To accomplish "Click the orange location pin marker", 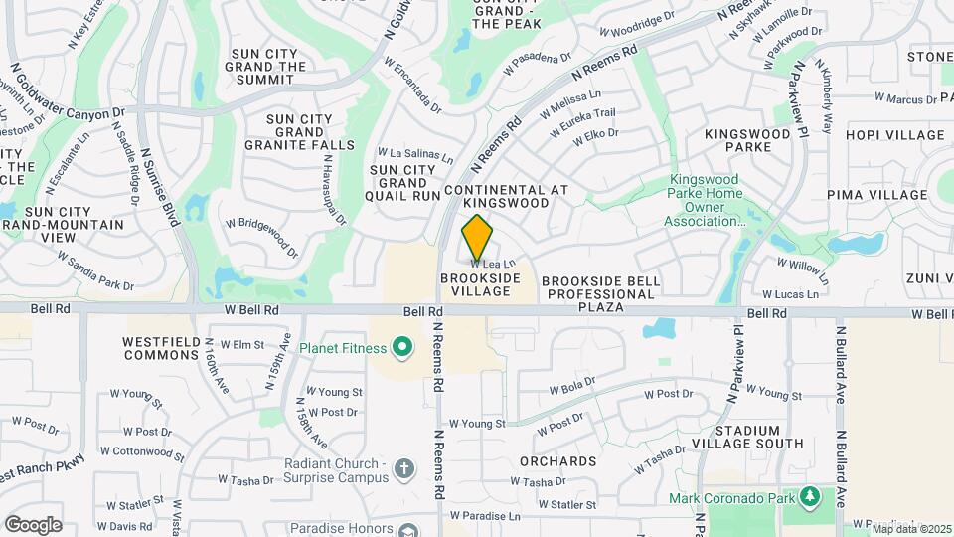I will tap(478, 237).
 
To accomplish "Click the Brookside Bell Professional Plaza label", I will tap(601, 294).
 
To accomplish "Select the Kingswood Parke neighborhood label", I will tap(737, 140).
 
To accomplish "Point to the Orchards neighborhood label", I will tap(558, 461).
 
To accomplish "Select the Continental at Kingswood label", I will tap(508, 196).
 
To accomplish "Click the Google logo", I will tap(33, 525).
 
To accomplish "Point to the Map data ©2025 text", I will tap(911, 527).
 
